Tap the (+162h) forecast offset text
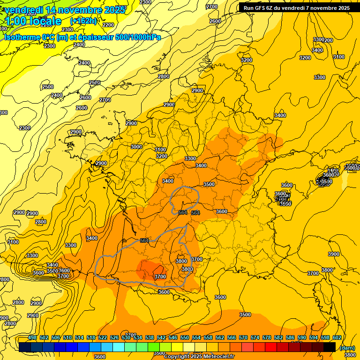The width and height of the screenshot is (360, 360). coord(83,21)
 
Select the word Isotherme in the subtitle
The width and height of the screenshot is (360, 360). coord(22,37)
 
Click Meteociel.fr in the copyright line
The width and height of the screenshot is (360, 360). coord(217,356)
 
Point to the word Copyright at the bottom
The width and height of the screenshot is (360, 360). coord(179,356)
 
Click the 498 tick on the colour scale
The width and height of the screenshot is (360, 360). coord(32,337)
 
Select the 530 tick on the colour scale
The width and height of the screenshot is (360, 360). coord(126,337)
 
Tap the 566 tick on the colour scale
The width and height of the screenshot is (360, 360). coord(232,337)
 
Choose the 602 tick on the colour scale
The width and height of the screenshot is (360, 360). coord(337,337)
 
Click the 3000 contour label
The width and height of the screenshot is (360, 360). coord(136,147)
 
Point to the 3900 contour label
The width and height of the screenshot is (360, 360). coord(333,254)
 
